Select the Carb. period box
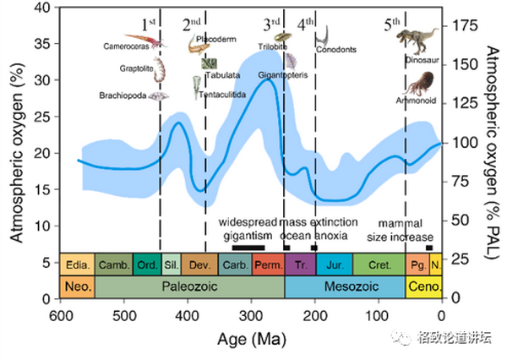pos(234,265)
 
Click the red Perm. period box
pos(267,265)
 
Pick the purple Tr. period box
pos(301,265)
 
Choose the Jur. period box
pos(335,265)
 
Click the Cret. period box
pos(379,265)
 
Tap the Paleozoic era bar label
pos(189,286)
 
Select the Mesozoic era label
pos(345,286)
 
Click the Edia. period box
pos(77,265)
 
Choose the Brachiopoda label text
pos(123,95)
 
